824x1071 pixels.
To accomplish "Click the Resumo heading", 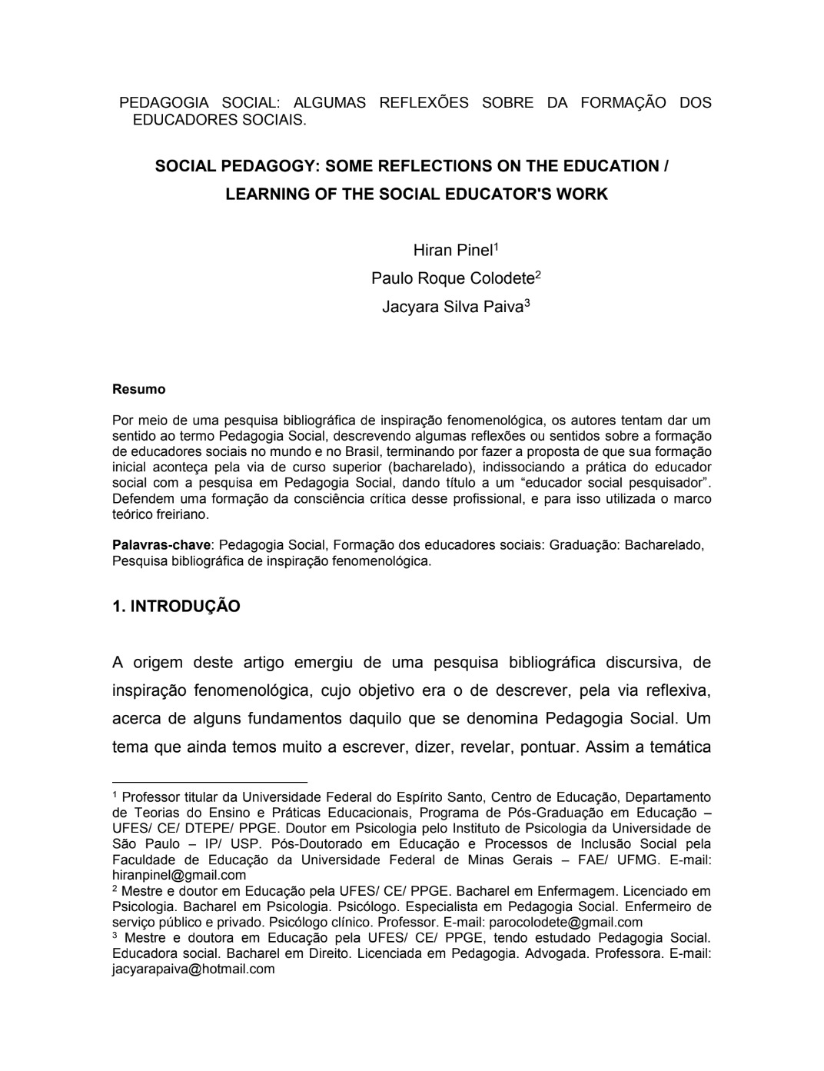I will (138, 389).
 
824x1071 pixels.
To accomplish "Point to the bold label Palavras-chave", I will (161, 545).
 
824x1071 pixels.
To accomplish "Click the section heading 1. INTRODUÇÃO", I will (176, 607).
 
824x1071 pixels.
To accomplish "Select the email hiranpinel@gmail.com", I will (179, 875).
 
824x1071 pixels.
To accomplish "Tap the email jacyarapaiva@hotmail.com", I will (193, 969).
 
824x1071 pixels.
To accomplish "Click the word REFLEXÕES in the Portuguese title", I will (424, 103).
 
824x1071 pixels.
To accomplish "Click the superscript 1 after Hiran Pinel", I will (497, 247).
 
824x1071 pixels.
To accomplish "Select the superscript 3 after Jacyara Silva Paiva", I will (527, 303).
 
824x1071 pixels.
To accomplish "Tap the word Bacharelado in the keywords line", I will (663, 545).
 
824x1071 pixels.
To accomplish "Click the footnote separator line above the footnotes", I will (209, 781).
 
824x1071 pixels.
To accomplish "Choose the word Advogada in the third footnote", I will (553, 953).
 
